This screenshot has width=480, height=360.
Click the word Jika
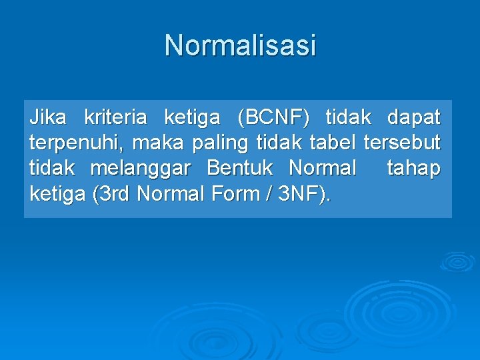coord(48,118)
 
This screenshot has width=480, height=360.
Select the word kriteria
coord(115,118)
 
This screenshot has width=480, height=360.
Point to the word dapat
coord(413,118)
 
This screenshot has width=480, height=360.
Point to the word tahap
coord(413,169)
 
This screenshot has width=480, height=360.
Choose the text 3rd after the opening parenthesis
coord(115,194)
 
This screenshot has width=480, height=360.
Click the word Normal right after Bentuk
coord(323,169)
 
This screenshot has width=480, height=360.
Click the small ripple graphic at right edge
coord(457,261)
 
